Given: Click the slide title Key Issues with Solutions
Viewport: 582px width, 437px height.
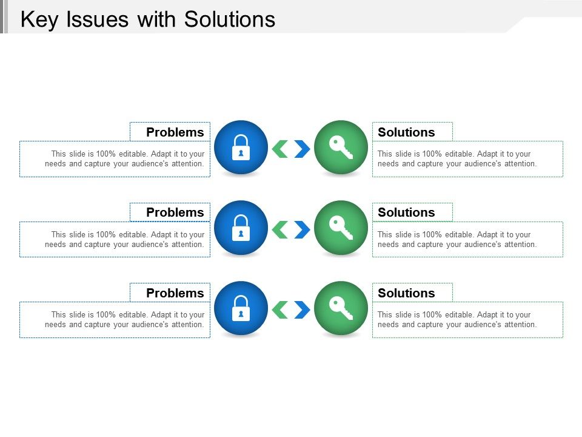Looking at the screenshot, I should tap(148, 19).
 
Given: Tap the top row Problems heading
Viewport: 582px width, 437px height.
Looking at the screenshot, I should tap(175, 132).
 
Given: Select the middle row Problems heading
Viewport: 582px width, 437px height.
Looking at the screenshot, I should tap(175, 212).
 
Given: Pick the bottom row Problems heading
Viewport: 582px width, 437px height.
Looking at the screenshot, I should tap(175, 293).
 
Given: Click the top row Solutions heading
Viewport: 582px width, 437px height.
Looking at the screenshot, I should tap(406, 132).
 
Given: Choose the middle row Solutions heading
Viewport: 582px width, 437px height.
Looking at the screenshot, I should tap(406, 212).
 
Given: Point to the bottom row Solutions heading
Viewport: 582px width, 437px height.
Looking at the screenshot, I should tap(406, 293).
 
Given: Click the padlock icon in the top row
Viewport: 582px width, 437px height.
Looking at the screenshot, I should tap(241, 147).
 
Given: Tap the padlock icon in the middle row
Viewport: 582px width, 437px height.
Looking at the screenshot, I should tap(241, 228).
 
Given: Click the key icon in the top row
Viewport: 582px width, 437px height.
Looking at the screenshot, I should tap(341, 147).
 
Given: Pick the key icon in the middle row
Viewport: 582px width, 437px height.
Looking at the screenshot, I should tap(341, 228).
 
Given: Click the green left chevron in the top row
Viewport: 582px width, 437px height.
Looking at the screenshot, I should tap(279, 149).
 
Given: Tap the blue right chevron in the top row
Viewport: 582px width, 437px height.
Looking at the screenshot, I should tap(302, 149).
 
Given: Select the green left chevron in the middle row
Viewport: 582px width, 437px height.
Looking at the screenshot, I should tap(279, 229).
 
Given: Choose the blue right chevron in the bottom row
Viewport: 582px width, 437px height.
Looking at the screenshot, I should tap(302, 310).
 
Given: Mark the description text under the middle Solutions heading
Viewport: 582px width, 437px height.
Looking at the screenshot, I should tap(457, 240).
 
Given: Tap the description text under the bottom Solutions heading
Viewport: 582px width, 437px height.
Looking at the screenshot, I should tap(457, 320).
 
